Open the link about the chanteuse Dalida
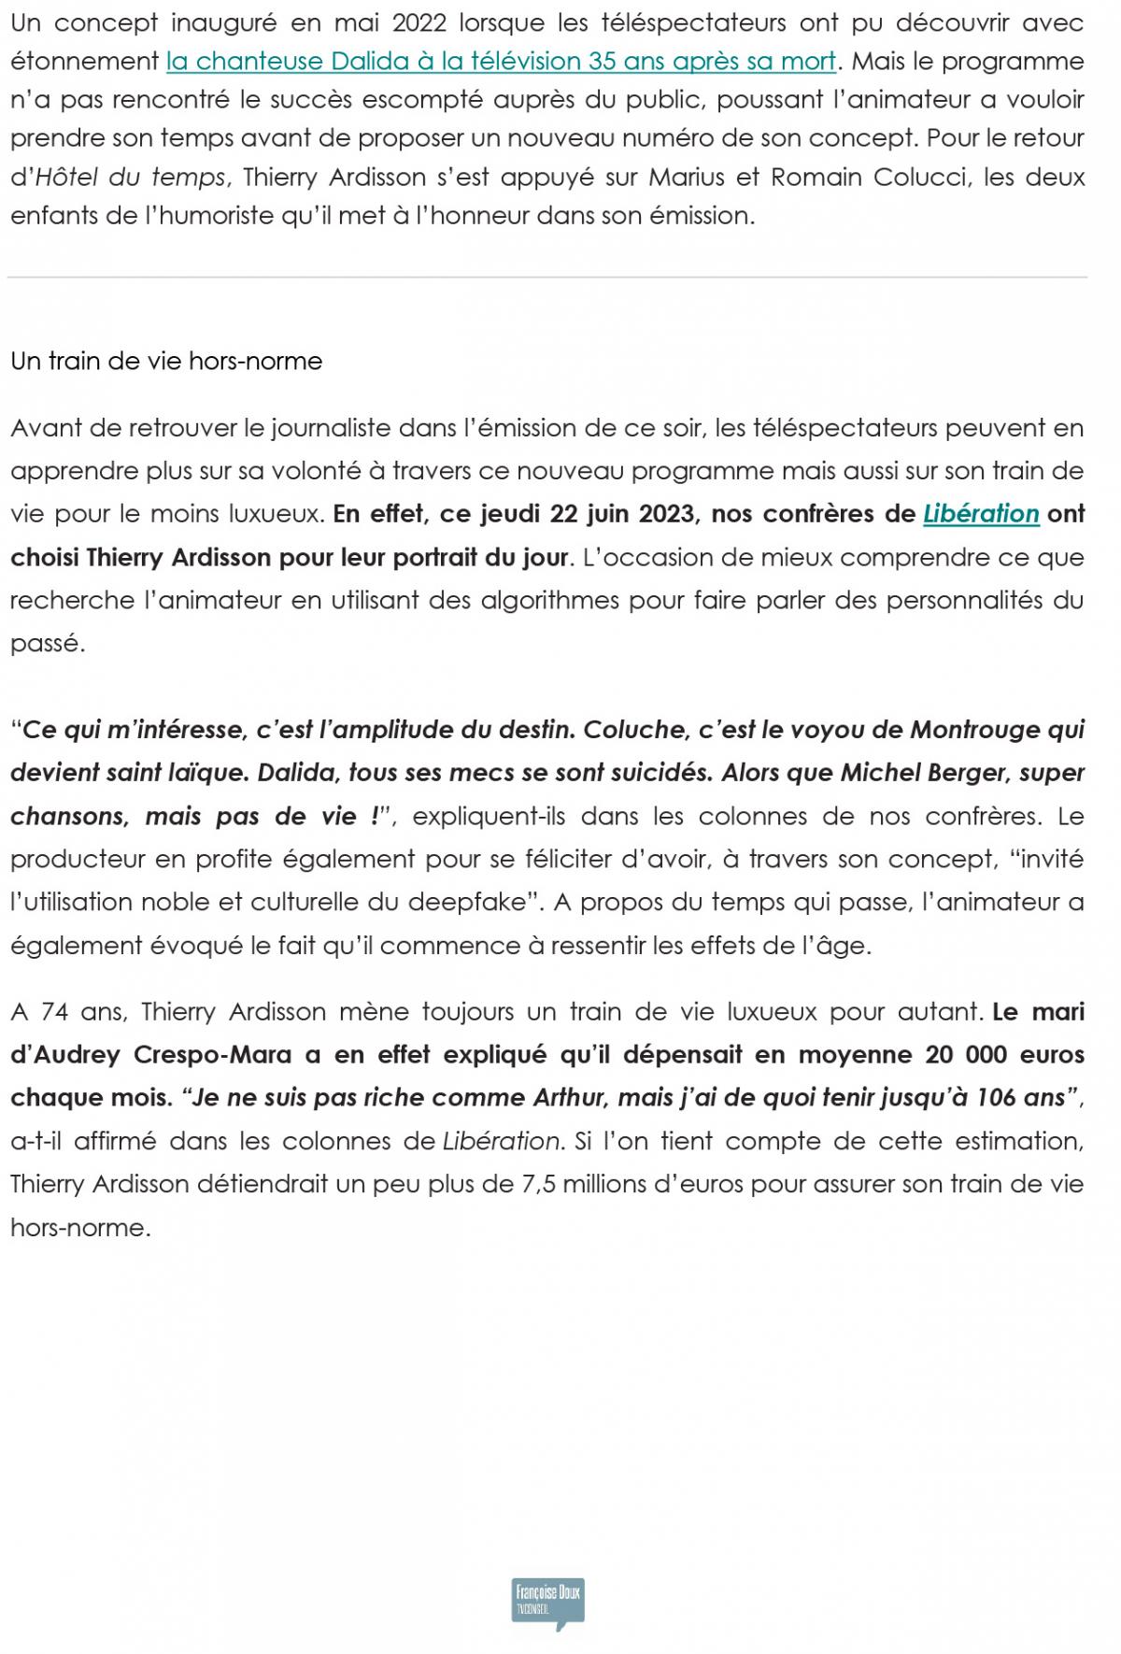coord(501,62)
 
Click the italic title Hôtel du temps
coord(132,177)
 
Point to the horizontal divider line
coord(547,278)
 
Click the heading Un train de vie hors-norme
coord(166,362)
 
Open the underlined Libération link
coord(981,514)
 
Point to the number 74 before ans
coord(55,1011)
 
